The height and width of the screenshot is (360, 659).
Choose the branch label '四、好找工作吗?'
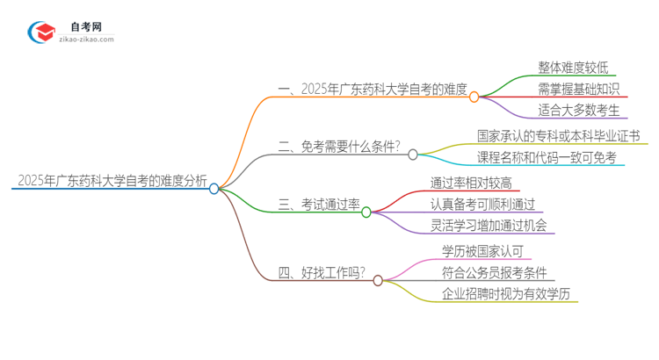(322, 274)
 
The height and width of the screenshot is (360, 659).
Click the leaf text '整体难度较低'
(572, 67)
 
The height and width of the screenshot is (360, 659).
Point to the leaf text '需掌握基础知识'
(579, 89)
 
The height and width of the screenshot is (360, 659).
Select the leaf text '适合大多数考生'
(579, 110)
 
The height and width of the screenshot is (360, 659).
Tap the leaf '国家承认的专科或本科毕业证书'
(558, 136)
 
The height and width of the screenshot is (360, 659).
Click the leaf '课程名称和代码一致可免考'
(547, 158)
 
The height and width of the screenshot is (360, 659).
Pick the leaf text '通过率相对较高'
(471, 183)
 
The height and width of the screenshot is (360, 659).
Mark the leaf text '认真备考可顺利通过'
(483, 204)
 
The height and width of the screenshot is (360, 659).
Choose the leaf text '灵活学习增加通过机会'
(489, 226)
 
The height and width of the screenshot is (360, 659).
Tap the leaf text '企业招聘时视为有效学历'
(507, 294)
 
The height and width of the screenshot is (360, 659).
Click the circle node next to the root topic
(214, 188)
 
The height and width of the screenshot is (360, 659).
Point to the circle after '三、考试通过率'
(366, 212)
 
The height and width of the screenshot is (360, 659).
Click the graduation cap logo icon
(40, 32)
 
